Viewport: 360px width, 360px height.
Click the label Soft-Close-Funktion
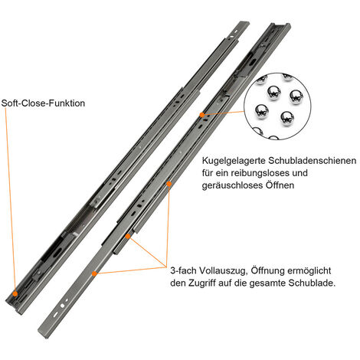[x=43, y=103]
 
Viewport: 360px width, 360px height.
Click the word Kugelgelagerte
[x=234, y=161]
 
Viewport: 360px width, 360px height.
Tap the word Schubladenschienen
[x=312, y=161]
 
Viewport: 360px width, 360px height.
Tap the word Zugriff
[x=202, y=283]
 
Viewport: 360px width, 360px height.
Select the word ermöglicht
[x=309, y=271]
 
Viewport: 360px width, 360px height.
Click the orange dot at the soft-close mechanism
[x=15, y=293]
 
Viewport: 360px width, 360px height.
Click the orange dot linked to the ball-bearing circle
[x=202, y=115]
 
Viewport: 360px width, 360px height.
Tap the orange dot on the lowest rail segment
[x=94, y=273]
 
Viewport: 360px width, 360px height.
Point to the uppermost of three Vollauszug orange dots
[x=169, y=184]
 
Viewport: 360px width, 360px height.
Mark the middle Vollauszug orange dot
[x=128, y=236]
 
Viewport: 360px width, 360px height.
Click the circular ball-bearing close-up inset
[x=277, y=106]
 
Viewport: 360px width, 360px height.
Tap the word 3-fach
[x=183, y=270]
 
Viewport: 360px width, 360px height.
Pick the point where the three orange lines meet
[x=166, y=267]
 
